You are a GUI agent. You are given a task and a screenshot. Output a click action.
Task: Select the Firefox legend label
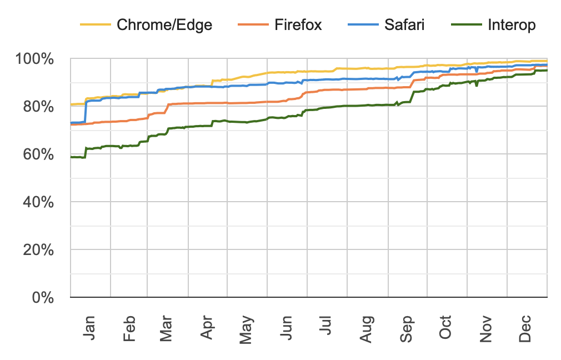click(x=298, y=24)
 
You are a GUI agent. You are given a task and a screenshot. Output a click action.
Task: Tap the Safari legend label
click(x=404, y=24)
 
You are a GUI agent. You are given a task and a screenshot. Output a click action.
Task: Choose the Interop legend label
click(x=512, y=24)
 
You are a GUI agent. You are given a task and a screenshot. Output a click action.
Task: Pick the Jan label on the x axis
click(x=89, y=328)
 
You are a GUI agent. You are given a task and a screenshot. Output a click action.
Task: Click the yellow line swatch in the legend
click(x=96, y=24)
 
